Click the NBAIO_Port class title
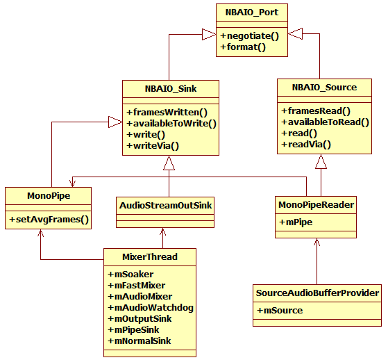(252, 13)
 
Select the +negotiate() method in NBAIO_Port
(249, 36)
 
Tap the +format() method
(243, 47)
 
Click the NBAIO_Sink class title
(171, 89)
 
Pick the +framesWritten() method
(167, 113)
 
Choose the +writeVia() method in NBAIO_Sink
(153, 146)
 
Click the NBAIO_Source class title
(324, 88)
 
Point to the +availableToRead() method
(325, 122)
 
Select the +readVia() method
(306, 145)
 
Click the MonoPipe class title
(49, 196)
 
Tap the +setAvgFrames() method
(49, 220)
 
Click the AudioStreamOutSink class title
(165, 206)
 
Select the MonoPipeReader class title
(316, 205)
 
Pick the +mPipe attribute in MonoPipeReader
(296, 222)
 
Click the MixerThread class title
(150, 257)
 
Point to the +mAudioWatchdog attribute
(151, 308)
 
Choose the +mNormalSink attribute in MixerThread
(140, 341)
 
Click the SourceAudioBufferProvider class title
(317, 293)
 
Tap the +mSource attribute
(280, 311)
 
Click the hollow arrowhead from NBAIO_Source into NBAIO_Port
(295, 33)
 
